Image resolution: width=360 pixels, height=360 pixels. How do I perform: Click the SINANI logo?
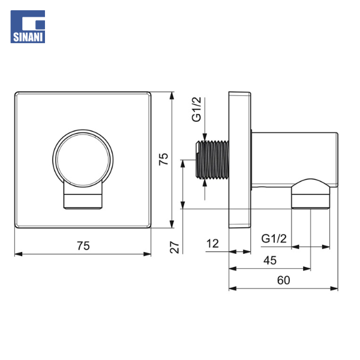(x=28, y=26)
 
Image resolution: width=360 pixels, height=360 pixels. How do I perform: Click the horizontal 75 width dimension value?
(x=83, y=245)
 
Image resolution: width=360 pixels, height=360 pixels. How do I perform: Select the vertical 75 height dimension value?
(x=163, y=159)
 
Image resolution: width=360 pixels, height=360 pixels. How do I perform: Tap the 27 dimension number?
(x=175, y=247)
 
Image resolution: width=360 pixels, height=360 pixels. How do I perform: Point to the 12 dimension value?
(x=212, y=244)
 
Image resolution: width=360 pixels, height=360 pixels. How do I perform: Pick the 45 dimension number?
(x=270, y=260)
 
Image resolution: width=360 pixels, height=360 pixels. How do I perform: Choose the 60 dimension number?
(x=284, y=280)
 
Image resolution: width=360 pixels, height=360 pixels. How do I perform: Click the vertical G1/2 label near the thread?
(x=197, y=109)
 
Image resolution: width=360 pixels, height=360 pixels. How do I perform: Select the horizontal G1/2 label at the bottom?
(x=274, y=239)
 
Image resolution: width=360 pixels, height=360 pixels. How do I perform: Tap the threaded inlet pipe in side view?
(x=212, y=160)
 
